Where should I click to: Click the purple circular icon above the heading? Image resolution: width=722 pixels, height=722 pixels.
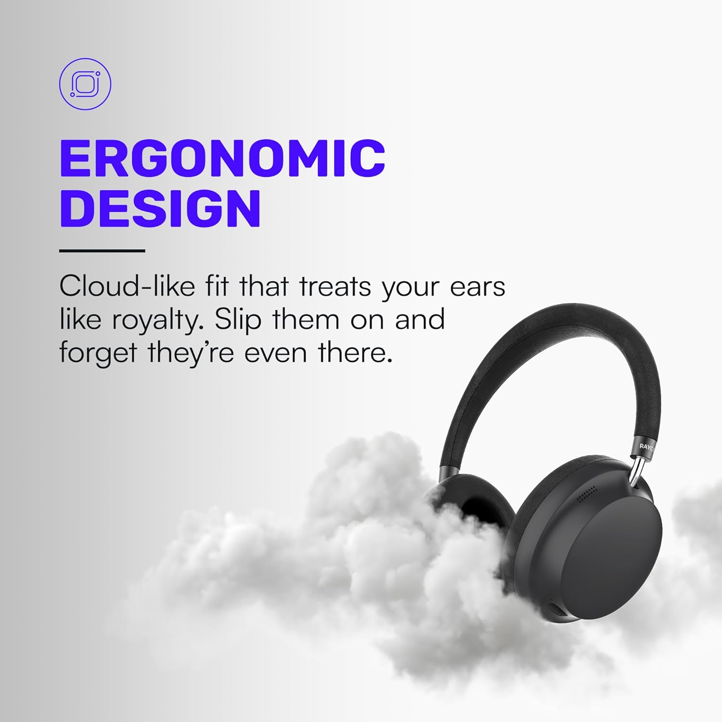coord(85,84)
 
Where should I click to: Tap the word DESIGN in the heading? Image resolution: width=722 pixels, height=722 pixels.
coord(160,208)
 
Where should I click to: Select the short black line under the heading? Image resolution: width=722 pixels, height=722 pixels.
coord(102,251)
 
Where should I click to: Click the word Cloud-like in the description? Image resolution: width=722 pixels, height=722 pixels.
coord(127,286)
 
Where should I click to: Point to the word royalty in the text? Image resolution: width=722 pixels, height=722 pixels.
coord(155,320)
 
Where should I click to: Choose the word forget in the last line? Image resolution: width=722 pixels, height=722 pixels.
coord(98,353)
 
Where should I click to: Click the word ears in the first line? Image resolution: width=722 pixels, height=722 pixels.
coord(477,286)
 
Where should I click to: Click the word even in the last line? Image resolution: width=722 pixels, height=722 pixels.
coord(275,353)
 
